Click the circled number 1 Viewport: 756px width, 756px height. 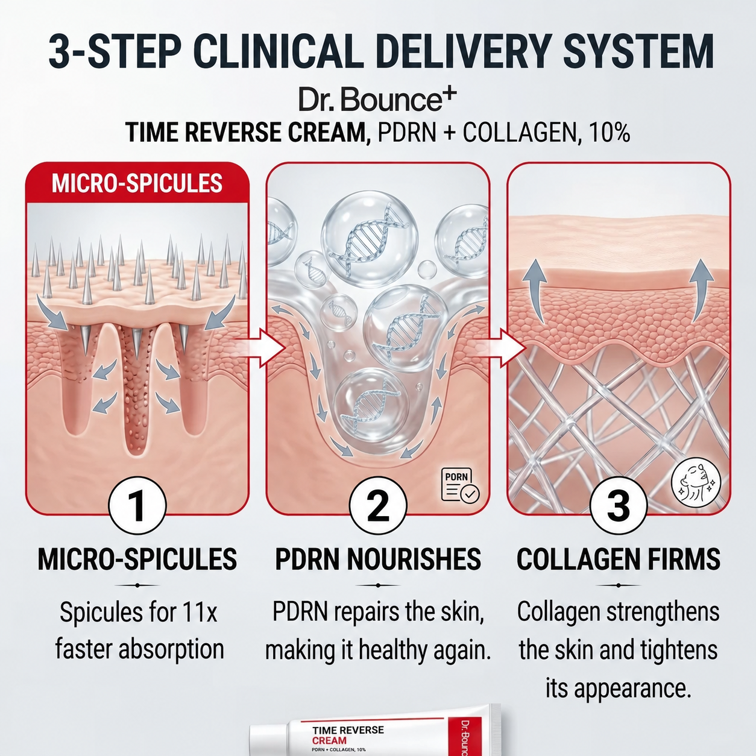click(137, 506)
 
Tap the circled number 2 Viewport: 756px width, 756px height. click(378, 506)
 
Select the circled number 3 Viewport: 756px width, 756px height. click(619, 506)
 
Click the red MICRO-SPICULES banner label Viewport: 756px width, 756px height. click(137, 183)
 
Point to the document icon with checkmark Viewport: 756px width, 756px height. click(460, 485)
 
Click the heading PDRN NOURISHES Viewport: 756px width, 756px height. click(378, 559)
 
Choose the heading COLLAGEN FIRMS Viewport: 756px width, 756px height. click(619, 559)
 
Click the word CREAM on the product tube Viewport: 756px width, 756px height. click(329, 741)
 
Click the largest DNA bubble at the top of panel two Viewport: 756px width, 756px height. click(370, 239)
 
